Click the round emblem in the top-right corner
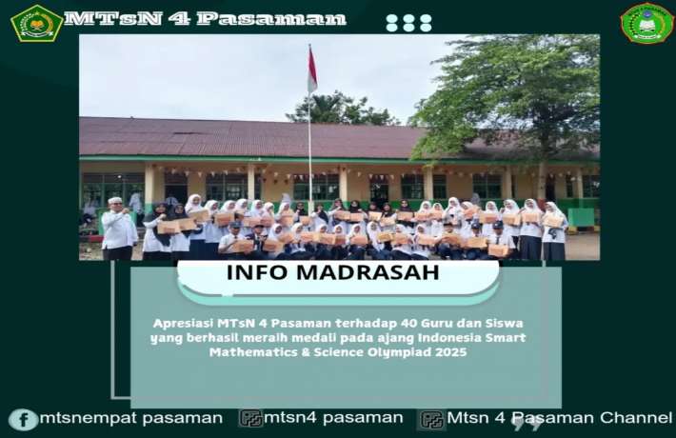tap(646, 23)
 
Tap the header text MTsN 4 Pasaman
tap(205, 19)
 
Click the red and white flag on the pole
tap(312, 70)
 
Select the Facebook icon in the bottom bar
tap(23, 419)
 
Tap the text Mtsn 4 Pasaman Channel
tap(559, 418)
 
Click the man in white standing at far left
tap(119, 230)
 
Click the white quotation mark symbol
tap(527, 422)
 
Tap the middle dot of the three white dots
tap(409, 23)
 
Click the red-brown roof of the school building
tap(238, 138)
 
